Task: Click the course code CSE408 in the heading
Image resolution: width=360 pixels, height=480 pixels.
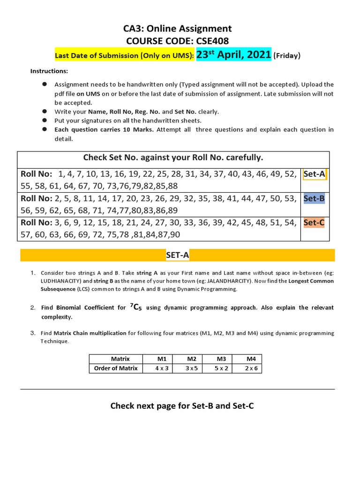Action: click(x=209, y=41)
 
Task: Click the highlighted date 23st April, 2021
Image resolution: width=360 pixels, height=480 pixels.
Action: click(x=233, y=55)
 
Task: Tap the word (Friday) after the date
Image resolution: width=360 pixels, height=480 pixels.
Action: click(x=287, y=56)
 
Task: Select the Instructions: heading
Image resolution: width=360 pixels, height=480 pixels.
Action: click(x=49, y=71)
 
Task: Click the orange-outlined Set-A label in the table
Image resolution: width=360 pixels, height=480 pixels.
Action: click(x=315, y=174)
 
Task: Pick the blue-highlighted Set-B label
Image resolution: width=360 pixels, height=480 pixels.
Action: click(x=314, y=198)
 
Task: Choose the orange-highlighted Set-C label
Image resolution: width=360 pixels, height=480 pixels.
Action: click(x=314, y=223)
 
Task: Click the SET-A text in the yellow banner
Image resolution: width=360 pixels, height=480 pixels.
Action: click(x=177, y=255)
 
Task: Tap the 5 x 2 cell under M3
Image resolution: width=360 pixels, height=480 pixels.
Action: click(x=221, y=368)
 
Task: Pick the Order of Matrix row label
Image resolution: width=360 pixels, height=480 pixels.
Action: click(x=116, y=368)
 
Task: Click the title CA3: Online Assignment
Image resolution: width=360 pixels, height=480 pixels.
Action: click(x=177, y=29)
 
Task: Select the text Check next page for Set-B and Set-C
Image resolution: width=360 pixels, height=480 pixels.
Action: click(x=182, y=405)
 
